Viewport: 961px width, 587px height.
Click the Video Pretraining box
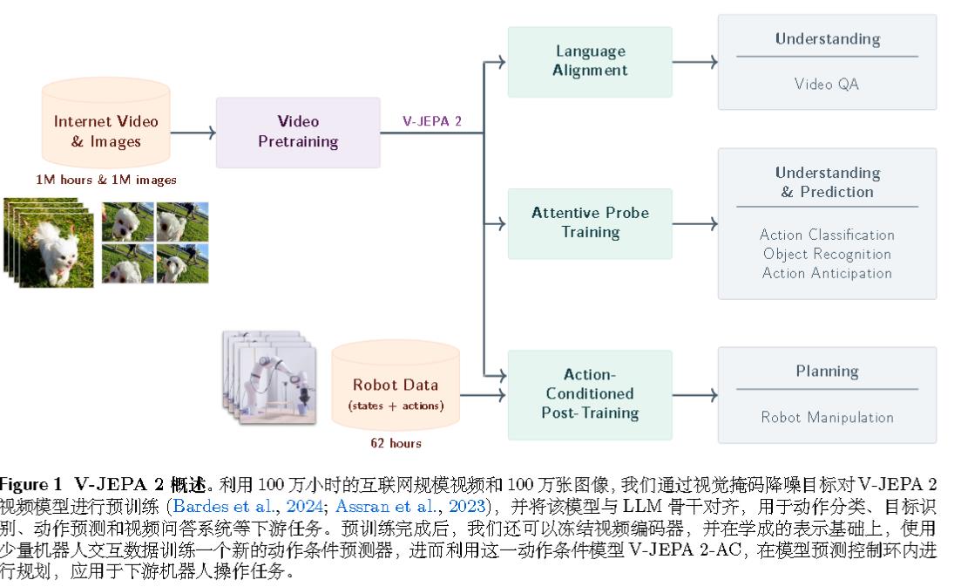tap(298, 132)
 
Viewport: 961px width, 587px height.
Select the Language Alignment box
tap(590, 61)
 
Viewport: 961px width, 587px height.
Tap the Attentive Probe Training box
tap(590, 223)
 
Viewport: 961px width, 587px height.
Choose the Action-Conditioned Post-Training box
tap(590, 394)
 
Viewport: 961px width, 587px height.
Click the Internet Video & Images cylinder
tap(106, 131)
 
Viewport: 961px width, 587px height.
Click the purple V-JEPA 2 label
tap(432, 121)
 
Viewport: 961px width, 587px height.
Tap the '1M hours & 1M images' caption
tap(106, 180)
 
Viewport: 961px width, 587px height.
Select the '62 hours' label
tap(396, 443)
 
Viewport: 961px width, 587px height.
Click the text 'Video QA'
tap(827, 85)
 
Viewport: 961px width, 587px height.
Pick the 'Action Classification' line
tap(827, 235)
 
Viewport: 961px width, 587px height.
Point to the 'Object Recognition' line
tap(827, 254)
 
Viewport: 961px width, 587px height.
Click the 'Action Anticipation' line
tap(827, 273)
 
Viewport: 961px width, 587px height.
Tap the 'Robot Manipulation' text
tap(827, 417)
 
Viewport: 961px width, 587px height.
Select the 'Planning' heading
tap(827, 372)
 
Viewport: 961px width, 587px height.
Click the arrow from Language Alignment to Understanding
tap(694, 62)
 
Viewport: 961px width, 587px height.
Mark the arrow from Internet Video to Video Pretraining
tap(193, 133)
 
